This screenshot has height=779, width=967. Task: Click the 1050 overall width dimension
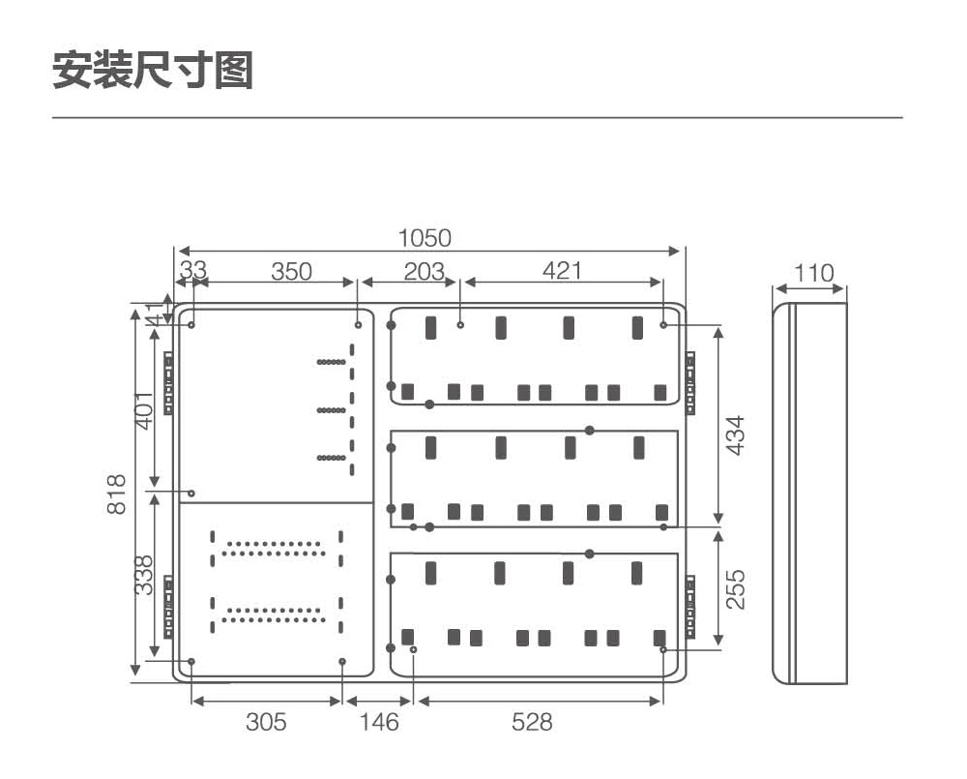[425, 238]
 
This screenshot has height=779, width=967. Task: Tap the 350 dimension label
[291, 271]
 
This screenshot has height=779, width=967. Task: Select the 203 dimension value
[424, 271]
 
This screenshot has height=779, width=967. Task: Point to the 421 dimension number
[562, 270]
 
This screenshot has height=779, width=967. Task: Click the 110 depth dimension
[813, 273]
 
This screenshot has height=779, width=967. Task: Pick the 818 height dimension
[116, 494]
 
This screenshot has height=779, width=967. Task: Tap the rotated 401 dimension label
[144, 410]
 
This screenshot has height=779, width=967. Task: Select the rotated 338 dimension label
[144, 576]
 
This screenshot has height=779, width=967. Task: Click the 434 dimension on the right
[735, 435]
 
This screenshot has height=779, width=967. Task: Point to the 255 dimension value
[735, 589]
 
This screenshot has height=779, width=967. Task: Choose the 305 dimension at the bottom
[266, 722]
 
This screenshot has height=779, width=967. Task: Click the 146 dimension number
[379, 722]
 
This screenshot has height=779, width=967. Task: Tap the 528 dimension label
[532, 722]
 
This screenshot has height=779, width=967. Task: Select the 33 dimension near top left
[193, 270]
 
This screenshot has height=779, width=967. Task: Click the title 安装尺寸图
[153, 71]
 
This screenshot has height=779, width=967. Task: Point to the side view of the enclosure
[810, 494]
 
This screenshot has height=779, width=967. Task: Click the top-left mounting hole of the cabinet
[191, 325]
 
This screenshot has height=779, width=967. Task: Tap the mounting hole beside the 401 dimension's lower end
[191, 494]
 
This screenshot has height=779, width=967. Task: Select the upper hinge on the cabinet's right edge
[690, 383]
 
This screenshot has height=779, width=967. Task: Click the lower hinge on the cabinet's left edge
[168, 607]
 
